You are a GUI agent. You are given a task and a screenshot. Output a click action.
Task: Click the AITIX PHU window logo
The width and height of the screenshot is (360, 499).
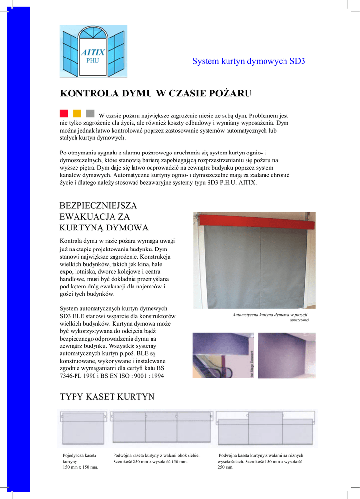[x=93, y=51]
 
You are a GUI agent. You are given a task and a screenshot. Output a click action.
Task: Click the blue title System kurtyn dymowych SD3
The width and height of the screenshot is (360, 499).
[x=248, y=61]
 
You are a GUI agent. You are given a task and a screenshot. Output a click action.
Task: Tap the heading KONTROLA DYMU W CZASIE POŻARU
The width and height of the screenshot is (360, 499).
[x=155, y=93]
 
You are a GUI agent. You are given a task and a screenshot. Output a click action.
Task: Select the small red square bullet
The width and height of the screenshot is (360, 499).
[x=64, y=114]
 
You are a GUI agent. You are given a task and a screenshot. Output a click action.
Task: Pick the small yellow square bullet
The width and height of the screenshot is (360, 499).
[x=77, y=114]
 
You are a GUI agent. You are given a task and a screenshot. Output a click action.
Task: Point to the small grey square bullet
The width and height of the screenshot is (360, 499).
[x=90, y=114]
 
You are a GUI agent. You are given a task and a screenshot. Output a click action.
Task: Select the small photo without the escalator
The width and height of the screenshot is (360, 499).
[x=286, y=355]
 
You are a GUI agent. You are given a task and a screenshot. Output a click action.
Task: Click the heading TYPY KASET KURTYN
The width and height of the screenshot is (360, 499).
[x=107, y=397]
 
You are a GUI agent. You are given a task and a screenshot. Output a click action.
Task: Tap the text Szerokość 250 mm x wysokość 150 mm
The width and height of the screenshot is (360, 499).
[x=150, y=461]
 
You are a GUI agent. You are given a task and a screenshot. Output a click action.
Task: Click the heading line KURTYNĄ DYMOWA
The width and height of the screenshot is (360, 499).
[x=104, y=228]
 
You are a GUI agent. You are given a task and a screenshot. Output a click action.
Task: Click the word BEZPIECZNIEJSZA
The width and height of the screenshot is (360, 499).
[x=98, y=206]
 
